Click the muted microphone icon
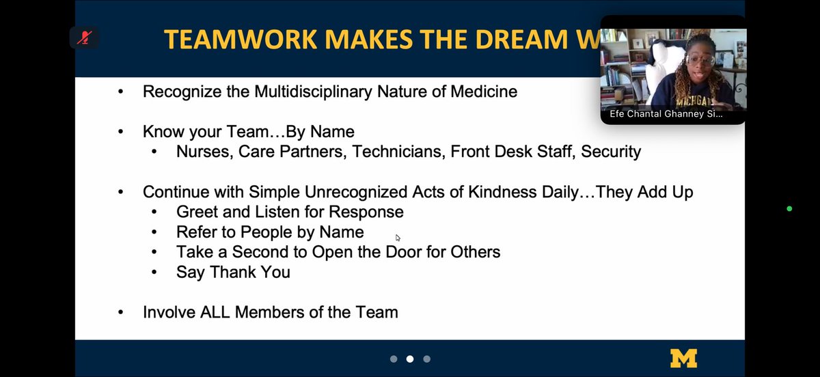84,38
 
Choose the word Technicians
397,152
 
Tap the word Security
611,152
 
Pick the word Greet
197,212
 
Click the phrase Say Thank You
233,272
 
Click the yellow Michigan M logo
683,358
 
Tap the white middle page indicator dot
410,359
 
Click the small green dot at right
789,208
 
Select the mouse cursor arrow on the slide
398,238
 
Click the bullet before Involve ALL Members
121,313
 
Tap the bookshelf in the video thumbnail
618,68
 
